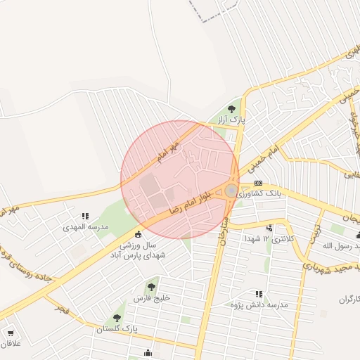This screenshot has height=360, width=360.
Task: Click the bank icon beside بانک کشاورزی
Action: click(x=258, y=183)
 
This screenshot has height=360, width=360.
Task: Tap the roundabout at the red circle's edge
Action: click(x=231, y=190)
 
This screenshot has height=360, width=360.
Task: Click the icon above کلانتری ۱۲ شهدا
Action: click(x=269, y=228)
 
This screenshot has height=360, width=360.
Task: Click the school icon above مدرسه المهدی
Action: click(x=85, y=217)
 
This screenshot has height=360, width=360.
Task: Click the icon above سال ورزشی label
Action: click(x=138, y=234)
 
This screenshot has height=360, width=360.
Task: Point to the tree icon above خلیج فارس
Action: click(x=151, y=286)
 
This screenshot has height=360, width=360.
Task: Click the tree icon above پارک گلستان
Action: click(x=117, y=318)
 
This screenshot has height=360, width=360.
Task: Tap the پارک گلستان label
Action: click(x=117, y=328)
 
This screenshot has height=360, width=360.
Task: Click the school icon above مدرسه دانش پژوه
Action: click(x=259, y=294)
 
